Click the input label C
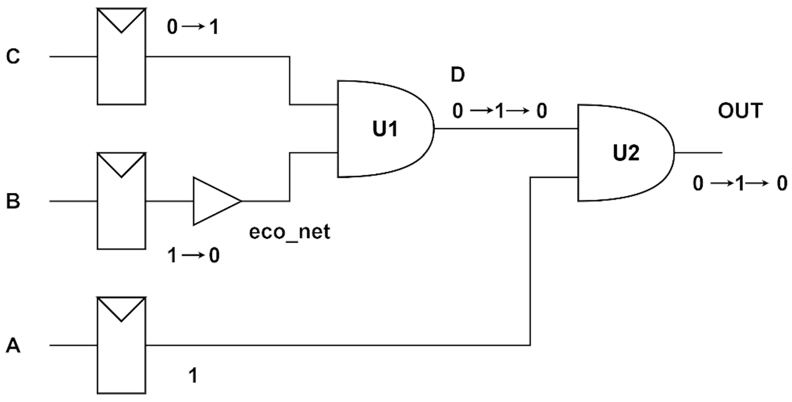tap(13, 57)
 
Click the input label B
tap(13, 201)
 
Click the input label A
tap(13, 346)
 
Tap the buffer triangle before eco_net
tap(214, 201)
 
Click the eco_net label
tap(289, 232)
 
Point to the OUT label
tap(740, 111)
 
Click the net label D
tap(457, 75)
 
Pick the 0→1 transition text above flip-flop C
tap(193, 27)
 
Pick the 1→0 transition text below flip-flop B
tap(193, 255)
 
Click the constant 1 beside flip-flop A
tap(193, 376)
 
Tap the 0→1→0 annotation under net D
tap(499, 111)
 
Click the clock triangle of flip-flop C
tap(121, 19)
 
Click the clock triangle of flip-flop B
tap(121, 164)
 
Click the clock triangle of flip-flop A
tap(121, 308)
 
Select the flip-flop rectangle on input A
tap(121, 356)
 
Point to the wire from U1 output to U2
tap(506, 128)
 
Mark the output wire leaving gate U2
tap(698, 153)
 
